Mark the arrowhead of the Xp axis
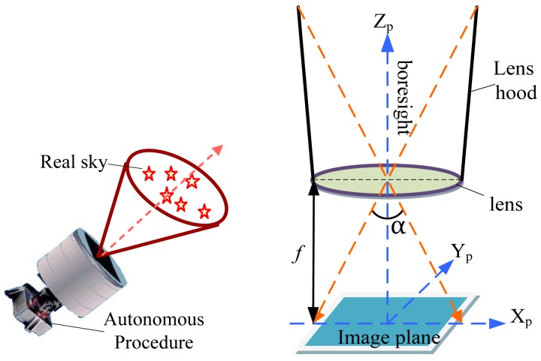click(x=497, y=324)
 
